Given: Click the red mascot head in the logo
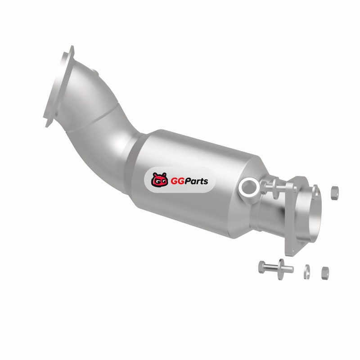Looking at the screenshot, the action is (160, 180).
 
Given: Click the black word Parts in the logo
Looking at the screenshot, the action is (196, 181).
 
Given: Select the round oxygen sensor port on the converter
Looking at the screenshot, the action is (249, 187).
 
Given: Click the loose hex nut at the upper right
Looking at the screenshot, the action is (335, 193).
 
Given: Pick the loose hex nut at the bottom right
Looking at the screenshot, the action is (325, 273).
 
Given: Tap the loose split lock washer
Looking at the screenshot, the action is (307, 272).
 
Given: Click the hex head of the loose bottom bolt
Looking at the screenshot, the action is (261, 267).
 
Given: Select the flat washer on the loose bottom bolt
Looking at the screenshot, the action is (280, 269).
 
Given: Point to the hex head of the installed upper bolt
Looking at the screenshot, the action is (264, 187).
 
